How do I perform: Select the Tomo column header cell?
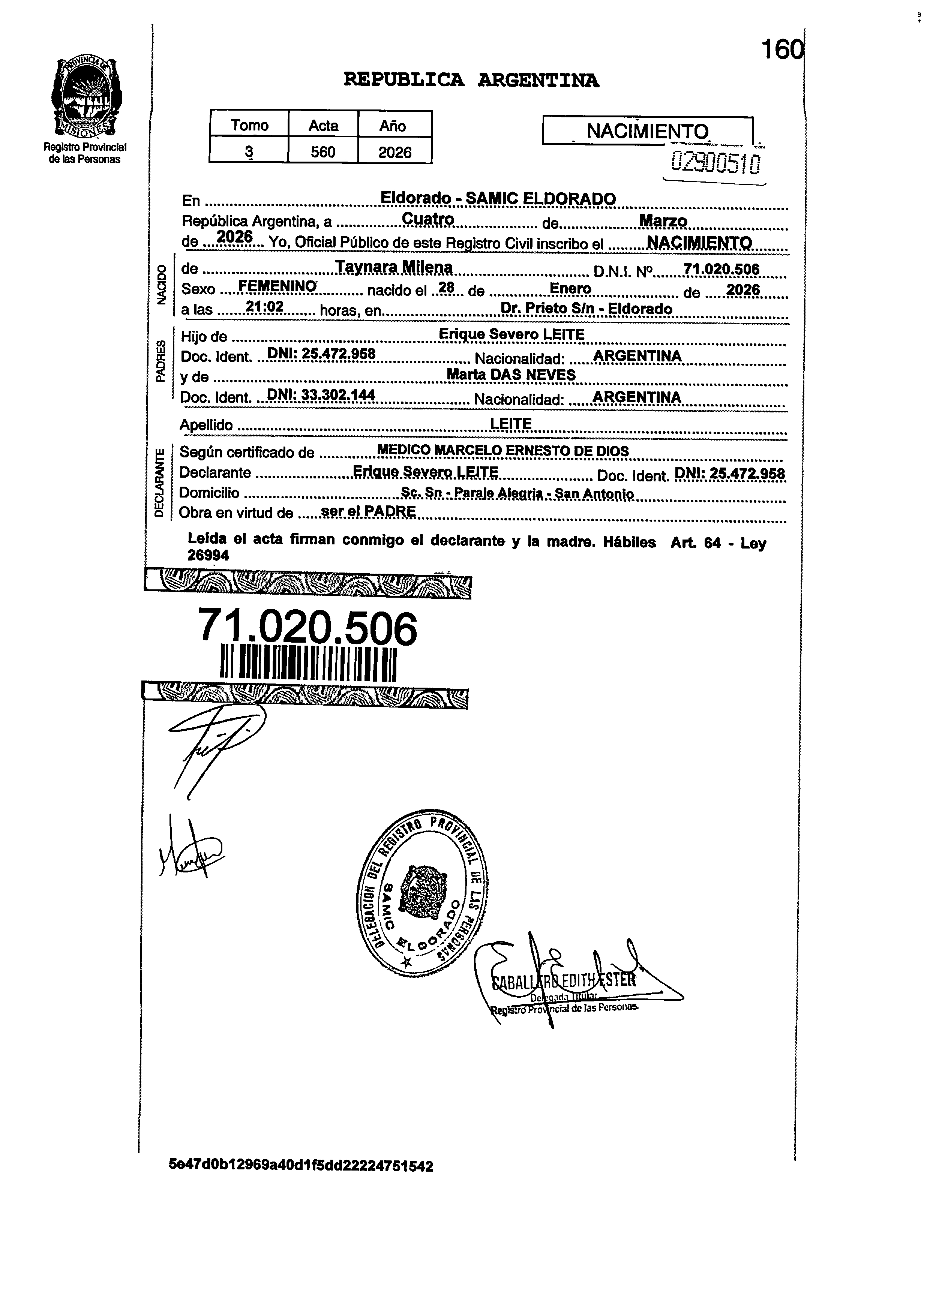(249, 125)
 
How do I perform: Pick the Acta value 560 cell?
(323, 152)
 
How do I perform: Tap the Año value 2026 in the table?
(394, 152)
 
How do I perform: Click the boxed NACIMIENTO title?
(647, 131)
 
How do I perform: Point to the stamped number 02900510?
(716, 163)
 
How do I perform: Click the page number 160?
(781, 50)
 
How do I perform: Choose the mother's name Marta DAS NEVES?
(511, 375)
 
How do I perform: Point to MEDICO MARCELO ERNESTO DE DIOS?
(503, 451)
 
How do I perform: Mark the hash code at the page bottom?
(301, 1165)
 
